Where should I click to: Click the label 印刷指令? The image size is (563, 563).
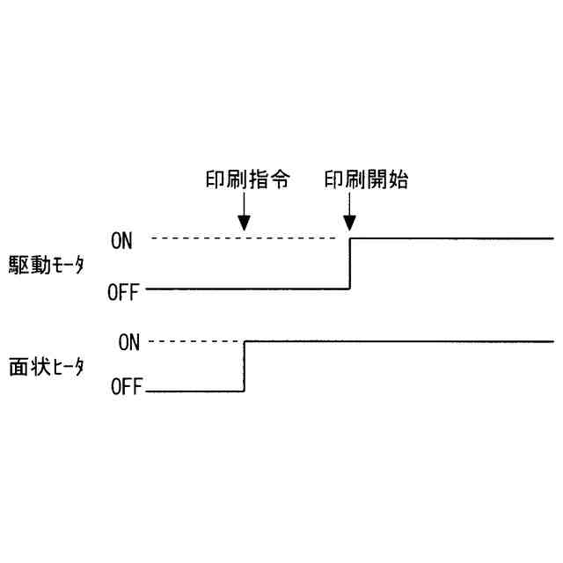click(244, 180)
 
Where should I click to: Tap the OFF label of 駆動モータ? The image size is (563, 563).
click(123, 292)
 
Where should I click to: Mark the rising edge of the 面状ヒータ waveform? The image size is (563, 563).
click(244, 365)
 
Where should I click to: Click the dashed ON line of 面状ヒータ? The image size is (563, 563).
click(194, 340)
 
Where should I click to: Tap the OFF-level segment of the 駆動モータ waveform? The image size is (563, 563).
click(246, 289)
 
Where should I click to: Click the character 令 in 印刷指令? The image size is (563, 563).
click(281, 180)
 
